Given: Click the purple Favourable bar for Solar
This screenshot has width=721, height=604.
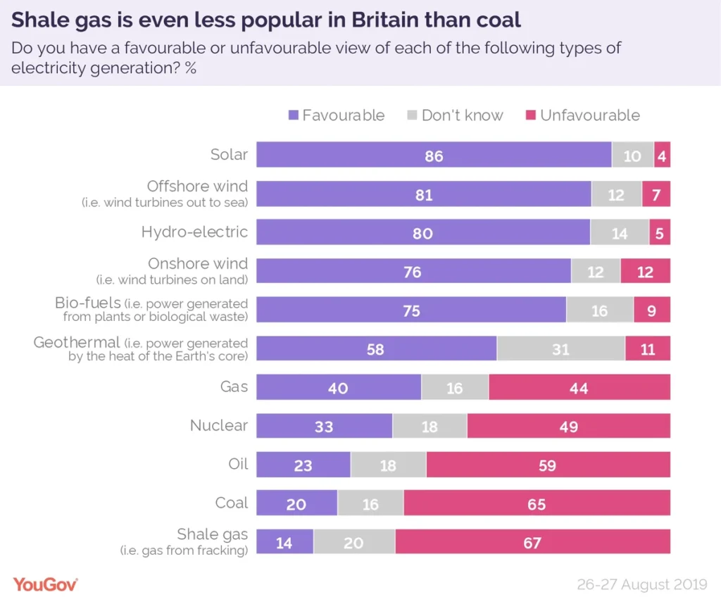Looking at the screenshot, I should click(x=434, y=155).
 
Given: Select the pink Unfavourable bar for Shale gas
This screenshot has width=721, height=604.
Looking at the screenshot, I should click(x=532, y=542).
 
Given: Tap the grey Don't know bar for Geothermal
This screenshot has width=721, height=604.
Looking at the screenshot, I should click(x=560, y=348).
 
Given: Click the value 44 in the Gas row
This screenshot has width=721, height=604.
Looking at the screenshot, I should click(x=579, y=388).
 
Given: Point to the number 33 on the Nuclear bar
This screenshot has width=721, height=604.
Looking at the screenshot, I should click(x=324, y=427).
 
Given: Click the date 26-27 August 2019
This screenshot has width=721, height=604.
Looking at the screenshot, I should click(x=642, y=584).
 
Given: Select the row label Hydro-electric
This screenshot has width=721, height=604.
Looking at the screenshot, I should click(x=194, y=232).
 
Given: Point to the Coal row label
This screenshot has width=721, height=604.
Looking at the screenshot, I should click(x=232, y=503).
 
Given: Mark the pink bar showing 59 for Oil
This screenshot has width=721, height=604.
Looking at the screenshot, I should click(x=548, y=465).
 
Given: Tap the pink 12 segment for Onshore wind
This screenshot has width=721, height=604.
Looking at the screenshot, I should click(x=645, y=271).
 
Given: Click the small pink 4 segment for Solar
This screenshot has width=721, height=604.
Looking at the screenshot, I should click(x=662, y=155).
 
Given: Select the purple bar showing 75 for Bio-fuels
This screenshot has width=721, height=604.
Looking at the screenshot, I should click(x=411, y=310).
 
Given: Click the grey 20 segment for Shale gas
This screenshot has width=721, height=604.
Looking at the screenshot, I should click(x=354, y=542).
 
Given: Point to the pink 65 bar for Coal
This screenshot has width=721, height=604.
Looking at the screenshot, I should click(x=537, y=504).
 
